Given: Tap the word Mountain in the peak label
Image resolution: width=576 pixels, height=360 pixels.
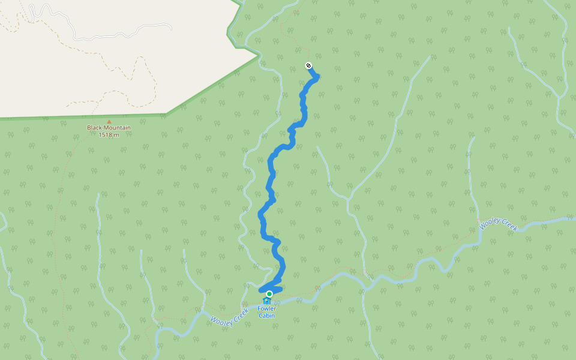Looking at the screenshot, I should point(118,128).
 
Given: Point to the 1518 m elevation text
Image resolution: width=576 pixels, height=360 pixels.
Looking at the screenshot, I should point(109,134).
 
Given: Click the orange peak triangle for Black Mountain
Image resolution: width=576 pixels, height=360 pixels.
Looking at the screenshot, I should point(109,121).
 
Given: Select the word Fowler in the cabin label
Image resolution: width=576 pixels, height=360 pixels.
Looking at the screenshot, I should point(266,309).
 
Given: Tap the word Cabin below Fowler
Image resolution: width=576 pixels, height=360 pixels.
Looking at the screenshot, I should point(266,316).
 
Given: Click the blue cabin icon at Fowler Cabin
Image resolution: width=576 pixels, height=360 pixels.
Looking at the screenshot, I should point(266,301).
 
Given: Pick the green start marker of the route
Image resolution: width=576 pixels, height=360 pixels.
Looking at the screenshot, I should point(269,293).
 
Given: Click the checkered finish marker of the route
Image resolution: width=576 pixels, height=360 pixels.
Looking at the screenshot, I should point(308,65).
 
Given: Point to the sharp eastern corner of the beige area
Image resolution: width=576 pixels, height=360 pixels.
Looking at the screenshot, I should point(259,55).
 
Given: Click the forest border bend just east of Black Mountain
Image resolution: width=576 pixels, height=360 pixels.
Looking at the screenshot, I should point(166,113).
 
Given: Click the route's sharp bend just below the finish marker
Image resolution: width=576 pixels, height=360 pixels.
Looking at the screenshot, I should point(317,76).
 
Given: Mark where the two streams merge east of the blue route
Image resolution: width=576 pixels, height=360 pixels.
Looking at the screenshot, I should point(349,200).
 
